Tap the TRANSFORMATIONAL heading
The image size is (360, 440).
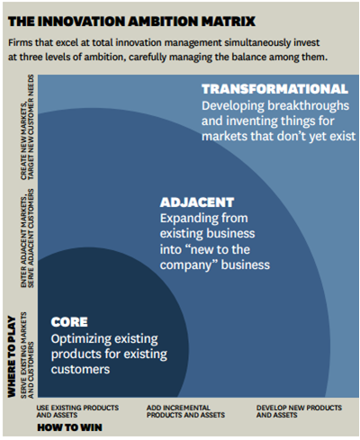(274, 89)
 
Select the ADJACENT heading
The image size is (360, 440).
(197, 202)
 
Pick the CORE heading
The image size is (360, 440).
(69, 322)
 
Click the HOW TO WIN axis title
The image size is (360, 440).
(69, 427)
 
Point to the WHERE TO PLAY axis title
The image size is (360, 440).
(12, 356)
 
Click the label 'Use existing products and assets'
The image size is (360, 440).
(77, 411)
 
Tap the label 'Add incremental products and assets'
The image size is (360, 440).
(185, 411)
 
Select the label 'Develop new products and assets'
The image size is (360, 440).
(299, 411)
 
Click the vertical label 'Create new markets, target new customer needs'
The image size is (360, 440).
(27, 128)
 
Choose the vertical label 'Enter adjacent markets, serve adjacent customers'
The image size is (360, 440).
(27, 238)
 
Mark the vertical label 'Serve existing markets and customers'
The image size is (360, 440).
(27, 355)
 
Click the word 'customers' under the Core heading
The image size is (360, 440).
(80, 370)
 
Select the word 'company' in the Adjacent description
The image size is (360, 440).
(185, 265)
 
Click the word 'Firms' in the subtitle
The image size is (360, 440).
(20, 42)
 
